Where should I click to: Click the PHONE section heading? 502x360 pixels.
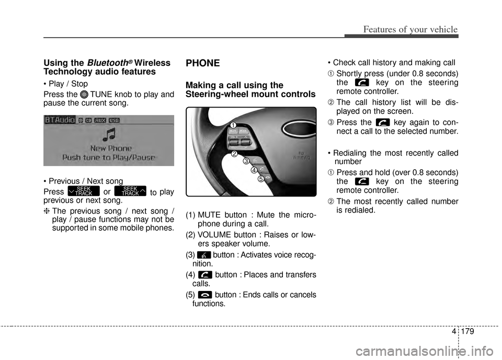pos(203,63)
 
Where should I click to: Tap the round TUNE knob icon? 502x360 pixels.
pos(85,95)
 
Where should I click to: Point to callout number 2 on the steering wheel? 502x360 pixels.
pos(235,154)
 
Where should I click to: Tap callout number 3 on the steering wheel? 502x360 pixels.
pos(245,161)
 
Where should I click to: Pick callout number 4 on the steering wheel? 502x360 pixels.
pos(254,170)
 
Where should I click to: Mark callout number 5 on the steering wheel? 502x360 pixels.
pos(261,179)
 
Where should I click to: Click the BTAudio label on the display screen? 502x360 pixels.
pos(60,120)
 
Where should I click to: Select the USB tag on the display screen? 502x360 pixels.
pos(115,120)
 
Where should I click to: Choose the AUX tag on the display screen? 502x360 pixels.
pos(100,120)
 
